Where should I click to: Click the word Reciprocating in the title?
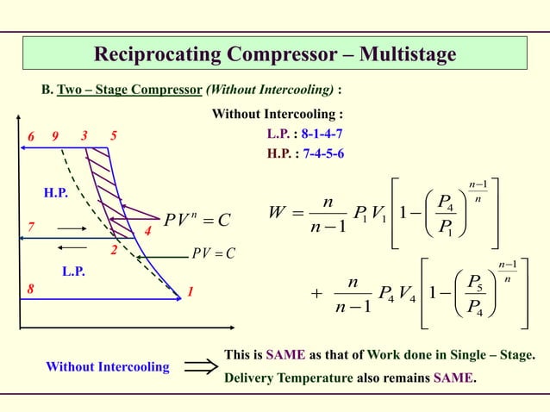point(159,55)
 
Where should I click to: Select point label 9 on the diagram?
point(55,136)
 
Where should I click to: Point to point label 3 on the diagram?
point(84,136)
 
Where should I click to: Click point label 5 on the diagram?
point(114,136)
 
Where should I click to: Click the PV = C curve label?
point(214,253)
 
